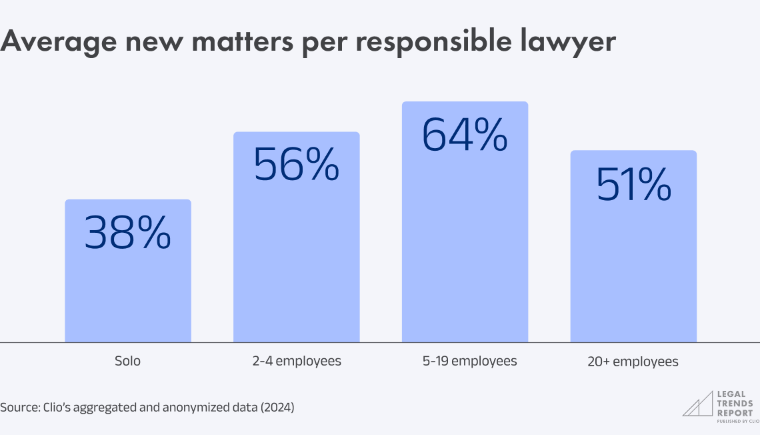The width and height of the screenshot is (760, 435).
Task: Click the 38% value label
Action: point(127,233)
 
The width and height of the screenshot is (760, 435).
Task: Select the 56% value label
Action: point(296,165)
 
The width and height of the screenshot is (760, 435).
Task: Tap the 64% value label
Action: point(465,134)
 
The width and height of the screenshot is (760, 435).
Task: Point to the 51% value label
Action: point(633,184)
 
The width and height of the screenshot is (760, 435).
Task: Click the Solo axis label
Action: point(127,361)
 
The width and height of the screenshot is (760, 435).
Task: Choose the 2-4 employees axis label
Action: point(296,361)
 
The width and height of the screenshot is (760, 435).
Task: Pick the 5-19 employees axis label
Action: point(465,361)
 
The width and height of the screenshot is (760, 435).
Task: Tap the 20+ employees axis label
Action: point(633,362)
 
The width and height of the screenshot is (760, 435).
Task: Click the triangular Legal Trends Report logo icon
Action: point(697,404)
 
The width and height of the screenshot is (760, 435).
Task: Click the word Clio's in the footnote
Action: point(56,406)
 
